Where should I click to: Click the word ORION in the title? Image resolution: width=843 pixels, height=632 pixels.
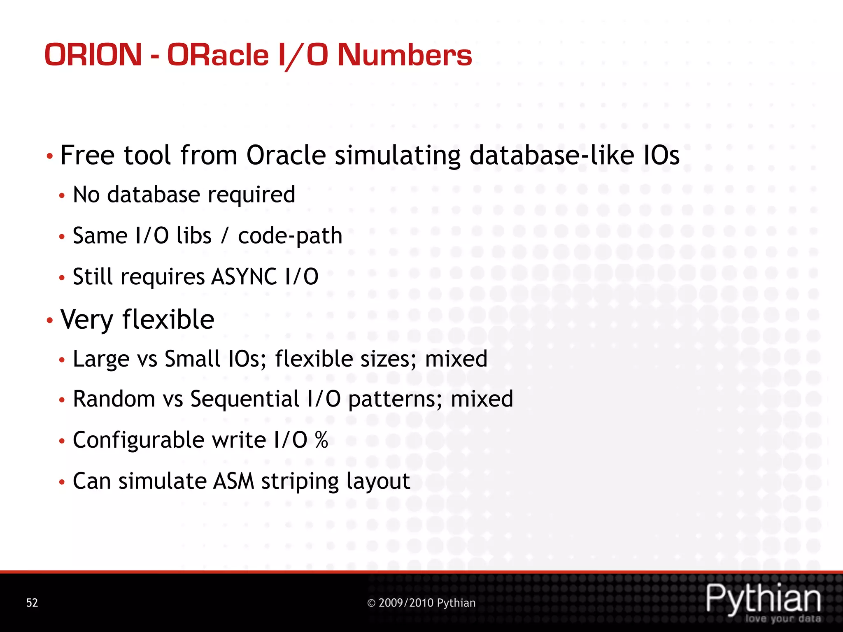(x=93, y=55)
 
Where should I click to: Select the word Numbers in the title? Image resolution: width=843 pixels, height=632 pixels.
(x=405, y=55)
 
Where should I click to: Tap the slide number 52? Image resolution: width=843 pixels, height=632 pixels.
(x=32, y=603)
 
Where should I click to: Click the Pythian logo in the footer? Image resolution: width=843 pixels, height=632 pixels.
(x=764, y=601)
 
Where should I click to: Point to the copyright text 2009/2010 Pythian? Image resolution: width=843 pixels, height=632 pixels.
(x=421, y=603)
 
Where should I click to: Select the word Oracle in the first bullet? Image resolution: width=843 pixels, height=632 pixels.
(x=286, y=155)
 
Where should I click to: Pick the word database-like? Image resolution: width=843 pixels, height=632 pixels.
(x=552, y=155)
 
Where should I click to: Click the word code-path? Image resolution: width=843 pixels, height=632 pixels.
(x=290, y=236)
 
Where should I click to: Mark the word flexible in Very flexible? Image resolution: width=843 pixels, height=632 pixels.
(x=168, y=319)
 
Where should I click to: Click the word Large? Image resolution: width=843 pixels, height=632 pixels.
(x=101, y=359)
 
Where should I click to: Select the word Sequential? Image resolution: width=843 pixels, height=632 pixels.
(x=245, y=399)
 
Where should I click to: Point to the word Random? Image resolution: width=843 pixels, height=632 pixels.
(x=114, y=399)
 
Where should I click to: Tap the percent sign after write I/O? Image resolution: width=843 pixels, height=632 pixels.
(x=321, y=440)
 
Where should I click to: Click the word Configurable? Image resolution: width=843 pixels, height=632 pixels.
(x=139, y=440)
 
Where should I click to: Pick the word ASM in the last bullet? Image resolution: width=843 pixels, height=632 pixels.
(x=233, y=481)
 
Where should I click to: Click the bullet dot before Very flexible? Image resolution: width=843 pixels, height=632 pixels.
(x=49, y=320)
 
